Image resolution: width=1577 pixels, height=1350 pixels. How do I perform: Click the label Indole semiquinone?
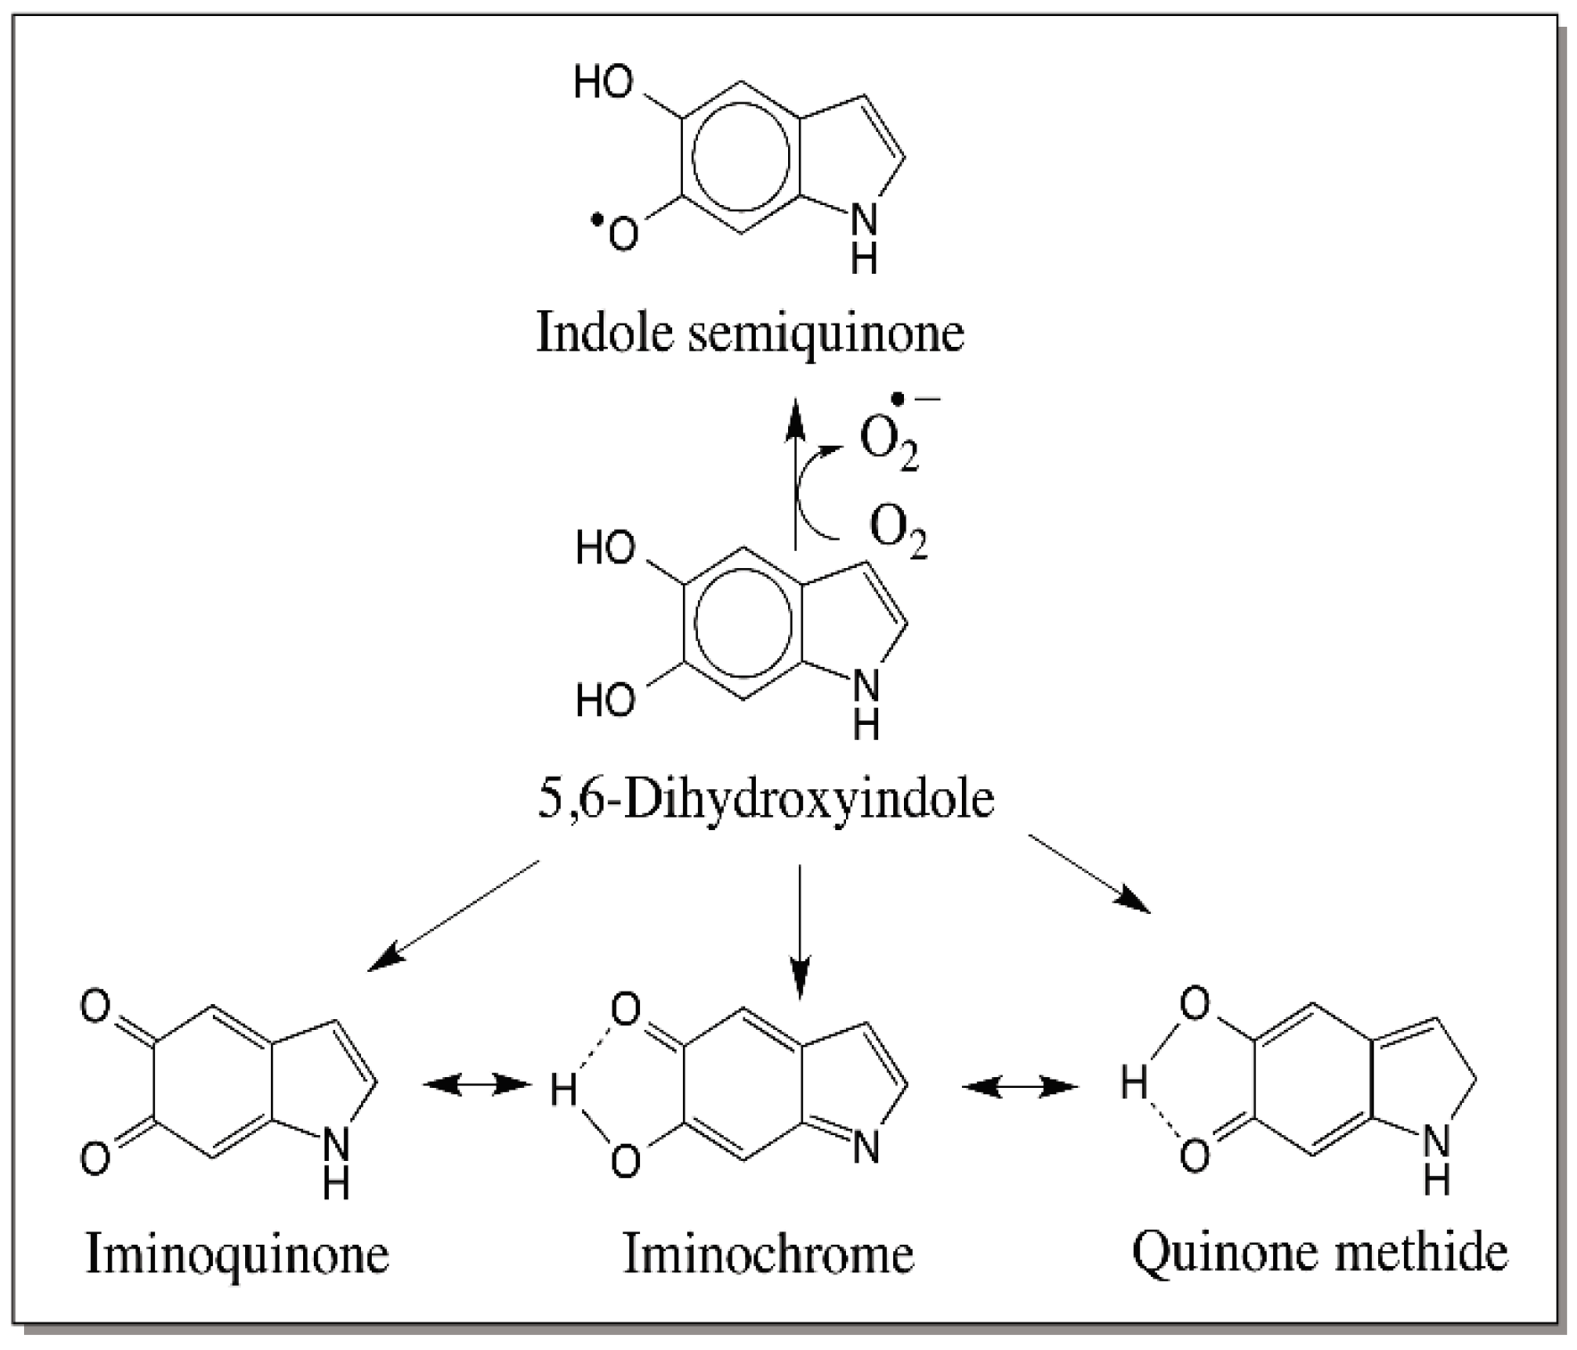tap(750, 333)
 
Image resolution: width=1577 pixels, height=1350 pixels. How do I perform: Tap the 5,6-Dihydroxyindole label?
tap(765, 799)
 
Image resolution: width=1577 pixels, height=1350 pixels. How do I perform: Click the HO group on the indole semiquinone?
tap(604, 82)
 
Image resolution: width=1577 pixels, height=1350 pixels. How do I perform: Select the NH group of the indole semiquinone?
tap(864, 235)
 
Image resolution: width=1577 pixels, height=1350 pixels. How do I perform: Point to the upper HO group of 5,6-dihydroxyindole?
tap(605, 547)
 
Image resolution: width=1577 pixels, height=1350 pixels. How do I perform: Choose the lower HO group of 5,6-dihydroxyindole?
tap(605, 700)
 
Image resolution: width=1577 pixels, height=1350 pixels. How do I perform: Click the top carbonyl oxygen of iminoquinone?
tap(94, 1007)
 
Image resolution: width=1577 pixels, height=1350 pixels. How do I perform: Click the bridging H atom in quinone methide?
tap(1134, 1085)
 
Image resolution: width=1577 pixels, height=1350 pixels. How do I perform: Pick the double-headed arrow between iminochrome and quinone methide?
tap(1020, 1085)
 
